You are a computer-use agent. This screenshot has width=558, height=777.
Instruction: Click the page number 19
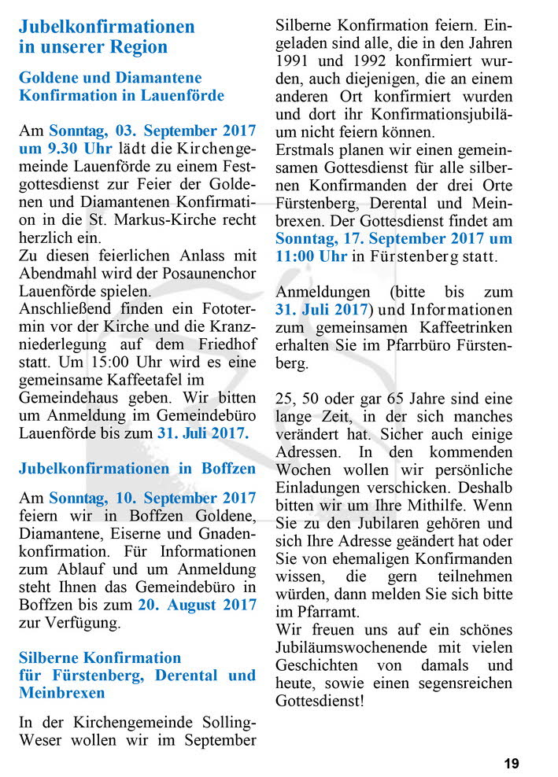(x=512, y=763)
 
